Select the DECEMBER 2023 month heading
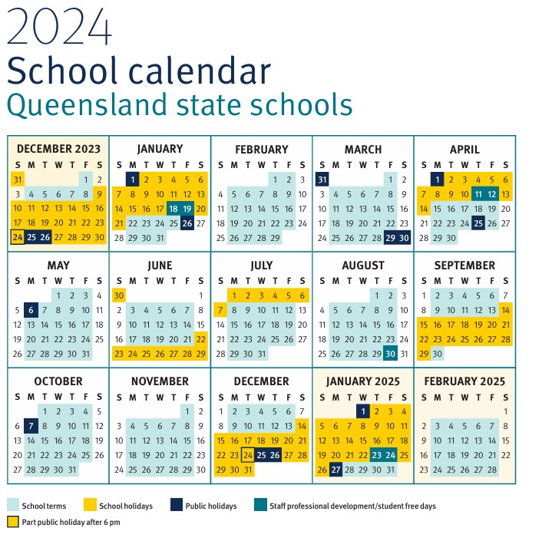tap(58, 149)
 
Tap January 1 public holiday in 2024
tap(132, 179)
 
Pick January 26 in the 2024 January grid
tap(187, 223)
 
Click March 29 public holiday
tap(391, 237)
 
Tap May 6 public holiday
tap(31, 310)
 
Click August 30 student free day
tap(391, 353)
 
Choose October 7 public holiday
tap(31, 426)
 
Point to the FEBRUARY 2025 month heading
tap(464, 381)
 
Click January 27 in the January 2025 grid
tap(335, 470)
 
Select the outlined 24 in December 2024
tap(247, 455)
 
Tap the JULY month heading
tap(262, 266)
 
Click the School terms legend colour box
tap(13, 506)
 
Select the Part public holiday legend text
tap(71, 522)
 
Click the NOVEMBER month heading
tap(160, 381)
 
